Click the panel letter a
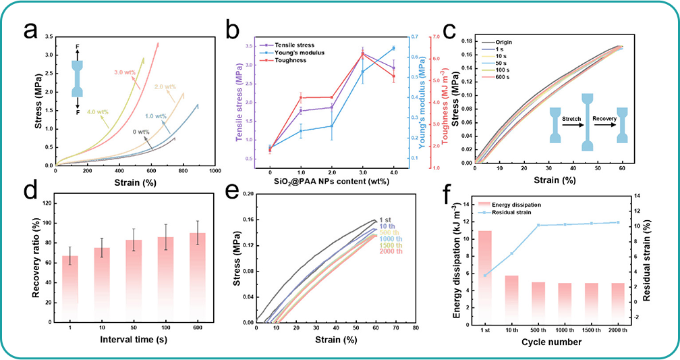point(30,31)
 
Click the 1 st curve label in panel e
point(386,220)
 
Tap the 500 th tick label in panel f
point(538,330)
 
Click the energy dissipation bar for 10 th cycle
point(511,297)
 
